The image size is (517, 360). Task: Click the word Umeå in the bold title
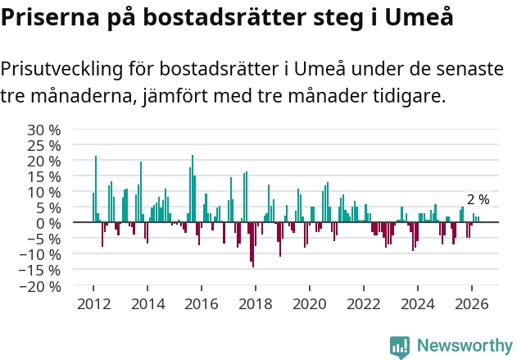[419, 16]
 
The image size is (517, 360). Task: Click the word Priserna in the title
[50, 16]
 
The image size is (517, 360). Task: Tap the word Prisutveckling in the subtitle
[61, 70]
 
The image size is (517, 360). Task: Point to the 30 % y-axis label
[44, 130]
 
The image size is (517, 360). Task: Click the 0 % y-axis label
[48, 223]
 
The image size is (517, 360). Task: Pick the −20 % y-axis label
[40, 286]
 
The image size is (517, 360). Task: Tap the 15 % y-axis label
[44, 177]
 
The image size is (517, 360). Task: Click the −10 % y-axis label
[40, 255]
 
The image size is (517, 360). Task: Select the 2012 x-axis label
[93, 304]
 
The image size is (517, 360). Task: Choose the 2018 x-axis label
[256, 304]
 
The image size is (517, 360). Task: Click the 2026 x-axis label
[471, 304]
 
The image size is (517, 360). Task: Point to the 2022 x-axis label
[363, 304]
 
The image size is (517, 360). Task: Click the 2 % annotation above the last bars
[478, 199]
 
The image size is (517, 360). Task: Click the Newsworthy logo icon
[400, 347]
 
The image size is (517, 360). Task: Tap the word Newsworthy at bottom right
[465, 345]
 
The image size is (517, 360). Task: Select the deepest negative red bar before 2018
[253, 244]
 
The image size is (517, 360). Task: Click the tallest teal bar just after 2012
[96, 189]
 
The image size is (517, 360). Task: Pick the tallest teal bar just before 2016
[193, 189]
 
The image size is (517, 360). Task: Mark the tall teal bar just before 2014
[141, 192]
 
